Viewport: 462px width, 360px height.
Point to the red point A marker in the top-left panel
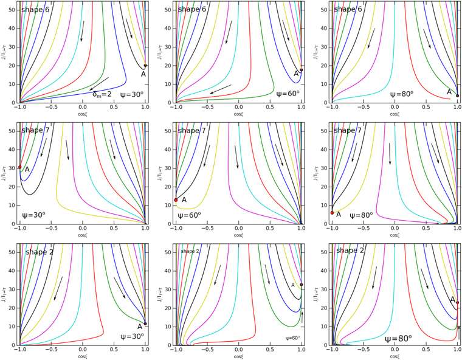point(145,66)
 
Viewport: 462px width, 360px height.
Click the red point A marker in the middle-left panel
point(20,167)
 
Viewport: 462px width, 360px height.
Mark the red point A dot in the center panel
point(176,199)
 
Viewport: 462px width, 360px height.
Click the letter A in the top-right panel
point(449,92)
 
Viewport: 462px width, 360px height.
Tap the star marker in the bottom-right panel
point(458,328)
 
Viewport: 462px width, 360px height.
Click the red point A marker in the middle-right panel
point(332,213)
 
